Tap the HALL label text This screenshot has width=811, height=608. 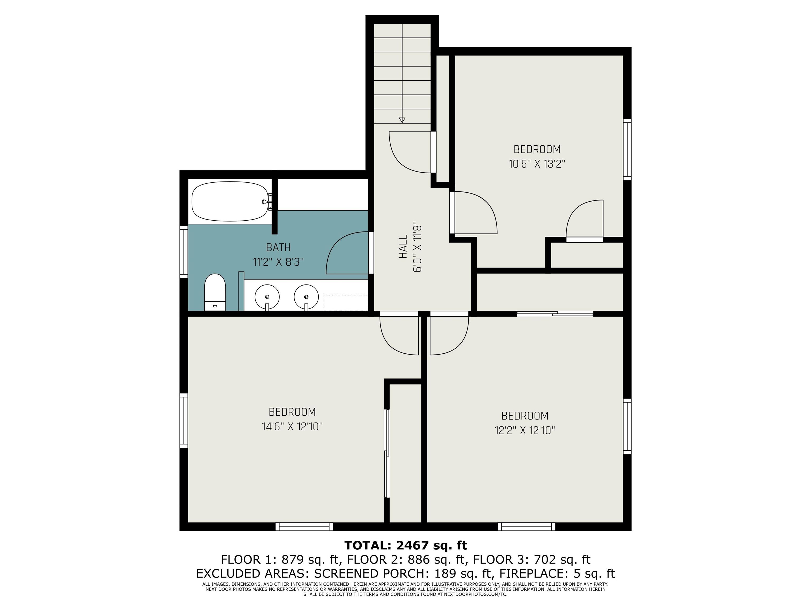pos(403,247)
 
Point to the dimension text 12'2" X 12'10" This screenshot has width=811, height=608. pos(525,430)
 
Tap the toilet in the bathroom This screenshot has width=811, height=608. pos(215,292)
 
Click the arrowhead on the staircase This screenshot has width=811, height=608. pos(402,120)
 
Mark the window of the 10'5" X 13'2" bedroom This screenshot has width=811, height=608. pos(627,150)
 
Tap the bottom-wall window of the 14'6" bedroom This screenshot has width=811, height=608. pos(304,527)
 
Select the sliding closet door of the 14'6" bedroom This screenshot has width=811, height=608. pos(386,453)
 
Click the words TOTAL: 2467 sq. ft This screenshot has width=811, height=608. pos(405,545)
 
